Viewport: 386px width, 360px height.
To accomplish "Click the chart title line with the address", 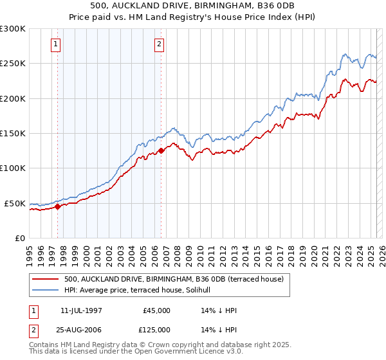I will [x=193, y=6].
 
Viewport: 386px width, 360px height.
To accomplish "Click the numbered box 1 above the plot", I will [x=56, y=44].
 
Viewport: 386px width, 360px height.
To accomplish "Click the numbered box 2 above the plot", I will [x=159, y=44].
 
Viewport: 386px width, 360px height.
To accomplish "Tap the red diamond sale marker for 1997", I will [x=58, y=206].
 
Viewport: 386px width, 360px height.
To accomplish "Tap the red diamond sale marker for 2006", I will [x=161, y=150].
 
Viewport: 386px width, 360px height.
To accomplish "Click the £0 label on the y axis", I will [x=19, y=238].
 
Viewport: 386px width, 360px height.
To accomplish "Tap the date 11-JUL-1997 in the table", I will [x=81, y=310].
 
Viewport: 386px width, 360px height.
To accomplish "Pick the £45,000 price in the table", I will [x=156, y=310].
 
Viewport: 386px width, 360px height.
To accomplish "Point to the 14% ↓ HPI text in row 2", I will [x=219, y=330].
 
